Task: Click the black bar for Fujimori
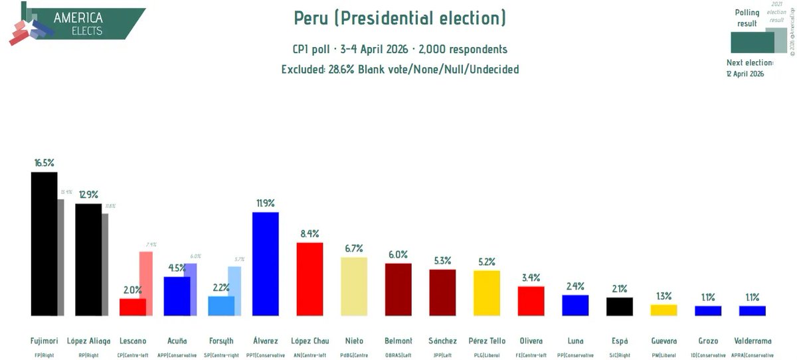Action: pos(44,244)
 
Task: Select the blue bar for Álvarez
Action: pos(265,264)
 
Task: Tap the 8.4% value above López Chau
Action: pos(310,234)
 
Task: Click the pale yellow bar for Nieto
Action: pos(353,286)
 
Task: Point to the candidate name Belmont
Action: pos(398,341)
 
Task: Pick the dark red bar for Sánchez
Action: pos(442,292)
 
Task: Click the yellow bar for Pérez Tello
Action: pos(487,293)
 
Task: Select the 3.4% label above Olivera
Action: pos(531,278)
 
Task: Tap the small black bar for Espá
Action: pos(620,306)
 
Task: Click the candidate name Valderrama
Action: pos(753,341)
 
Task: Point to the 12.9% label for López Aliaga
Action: pos(88,195)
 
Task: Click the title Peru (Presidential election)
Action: pos(400,18)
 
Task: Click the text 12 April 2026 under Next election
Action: pos(745,74)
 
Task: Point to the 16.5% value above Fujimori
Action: pos(44,162)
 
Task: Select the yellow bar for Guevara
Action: pos(664,310)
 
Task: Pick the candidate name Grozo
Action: pos(708,341)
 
